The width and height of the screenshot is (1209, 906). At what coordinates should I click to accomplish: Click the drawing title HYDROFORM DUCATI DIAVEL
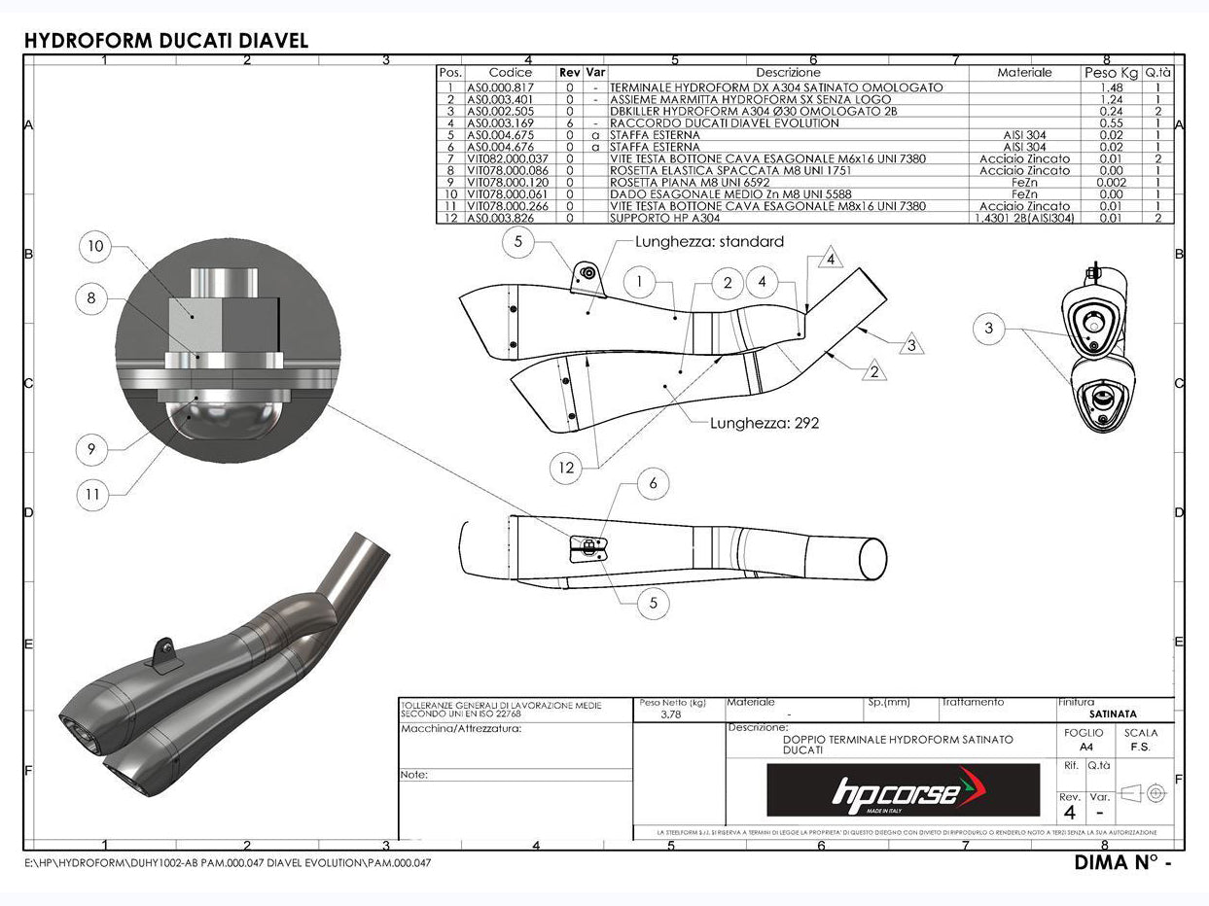pos(165,40)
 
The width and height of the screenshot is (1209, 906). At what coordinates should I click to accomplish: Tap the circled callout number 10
pos(95,246)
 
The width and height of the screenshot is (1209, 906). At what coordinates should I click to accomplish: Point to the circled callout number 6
pos(653,483)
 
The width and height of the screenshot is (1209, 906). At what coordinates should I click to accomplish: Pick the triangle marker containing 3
pos(911,344)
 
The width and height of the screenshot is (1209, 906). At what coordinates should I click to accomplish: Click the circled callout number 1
pos(639,283)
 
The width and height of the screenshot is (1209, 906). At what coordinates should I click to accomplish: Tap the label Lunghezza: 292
pos(764,423)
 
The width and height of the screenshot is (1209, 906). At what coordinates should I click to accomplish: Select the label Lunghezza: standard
pos(708,241)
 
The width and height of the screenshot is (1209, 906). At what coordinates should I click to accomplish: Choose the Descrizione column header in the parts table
pos(788,72)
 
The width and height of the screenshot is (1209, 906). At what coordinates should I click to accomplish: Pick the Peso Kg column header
pos(1110,72)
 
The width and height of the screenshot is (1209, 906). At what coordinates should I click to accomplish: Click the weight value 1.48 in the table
pos(1110,87)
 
